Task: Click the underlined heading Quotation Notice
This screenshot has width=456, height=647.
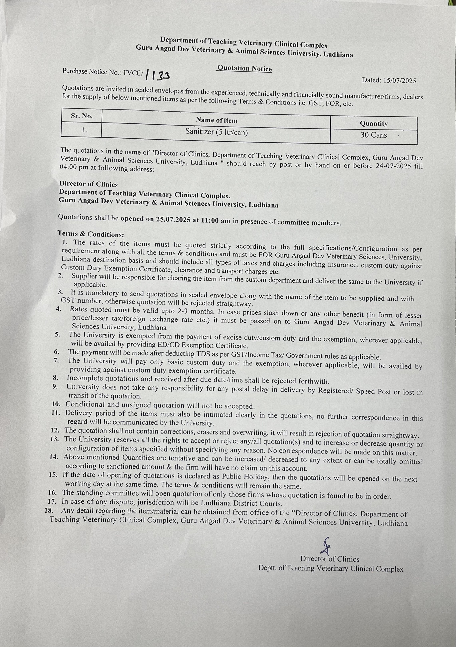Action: click(x=244, y=68)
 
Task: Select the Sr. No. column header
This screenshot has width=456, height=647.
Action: click(x=82, y=116)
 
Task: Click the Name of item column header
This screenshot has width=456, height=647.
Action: click(x=217, y=120)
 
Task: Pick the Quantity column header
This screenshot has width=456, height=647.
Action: click(x=374, y=123)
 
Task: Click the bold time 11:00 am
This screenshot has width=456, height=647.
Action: click(x=216, y=221)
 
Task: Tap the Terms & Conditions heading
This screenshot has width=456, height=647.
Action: click(x=91, y=234)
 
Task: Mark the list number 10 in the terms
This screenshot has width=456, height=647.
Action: click(x=56, y=404)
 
